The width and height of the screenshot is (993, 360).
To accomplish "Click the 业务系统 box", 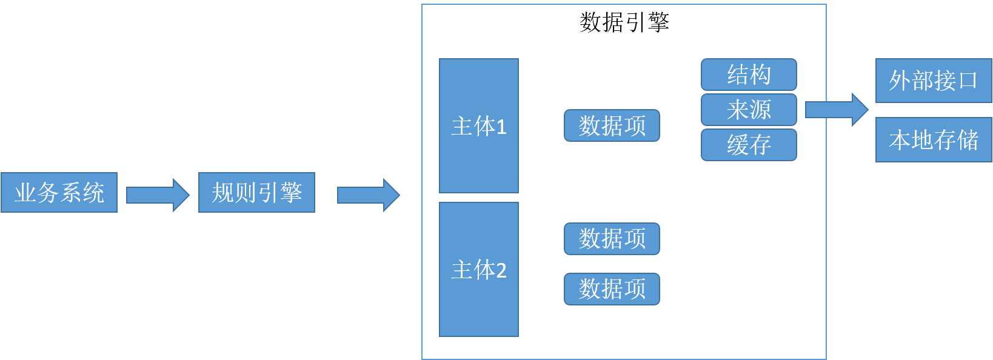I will click(x=59, y=193).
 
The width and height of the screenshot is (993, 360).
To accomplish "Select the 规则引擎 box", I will click(x=256, y=193).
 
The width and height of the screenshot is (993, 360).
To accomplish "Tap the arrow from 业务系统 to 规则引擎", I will click(x=158, y=195).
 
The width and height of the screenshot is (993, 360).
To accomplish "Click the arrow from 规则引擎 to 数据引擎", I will click(x=368, y=195).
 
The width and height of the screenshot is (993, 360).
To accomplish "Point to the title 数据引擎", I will click(x=624, y=22).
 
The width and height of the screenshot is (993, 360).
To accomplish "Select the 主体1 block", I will click(x=478, y=126).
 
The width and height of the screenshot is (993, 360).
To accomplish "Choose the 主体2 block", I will click(x=478, y=270).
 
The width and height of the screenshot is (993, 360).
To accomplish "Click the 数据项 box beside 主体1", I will click(x=612, y=126).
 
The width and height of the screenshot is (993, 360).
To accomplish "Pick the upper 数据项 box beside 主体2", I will click(x=612, y=239).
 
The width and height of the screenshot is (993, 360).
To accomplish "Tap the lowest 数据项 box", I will click(x=612, y=289).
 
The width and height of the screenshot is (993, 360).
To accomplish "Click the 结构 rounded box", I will click(x=749, y=75).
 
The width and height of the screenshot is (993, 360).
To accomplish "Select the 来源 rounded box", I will click(x=749, y=110).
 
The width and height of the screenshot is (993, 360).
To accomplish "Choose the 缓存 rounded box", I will click(x=749, y=145).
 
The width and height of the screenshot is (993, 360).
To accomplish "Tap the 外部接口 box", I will click(x=933, y=81).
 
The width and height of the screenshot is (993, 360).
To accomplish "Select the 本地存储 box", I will click(x=933, y=140).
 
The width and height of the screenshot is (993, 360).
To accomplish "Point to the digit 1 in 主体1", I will click(x=501, y=127).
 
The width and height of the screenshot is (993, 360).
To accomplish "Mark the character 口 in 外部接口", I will click(x=968, y=81).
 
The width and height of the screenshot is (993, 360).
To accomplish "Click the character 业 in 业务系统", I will click(x=25, y=193).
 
